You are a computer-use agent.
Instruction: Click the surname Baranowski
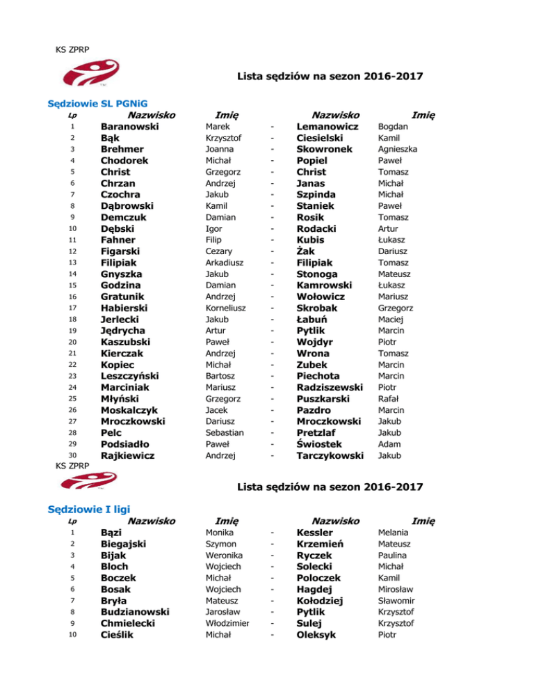[130, 127]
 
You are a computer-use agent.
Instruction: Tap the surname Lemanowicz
[327, 127]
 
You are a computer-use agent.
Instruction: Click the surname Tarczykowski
[330, 456]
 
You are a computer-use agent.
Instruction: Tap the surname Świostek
[321, 444]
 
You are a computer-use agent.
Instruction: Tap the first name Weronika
[224, 556]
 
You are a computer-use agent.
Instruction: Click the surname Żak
[307, 251]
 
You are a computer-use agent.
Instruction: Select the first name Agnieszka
[397, 149]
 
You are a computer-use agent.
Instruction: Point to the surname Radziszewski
[330, 388]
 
